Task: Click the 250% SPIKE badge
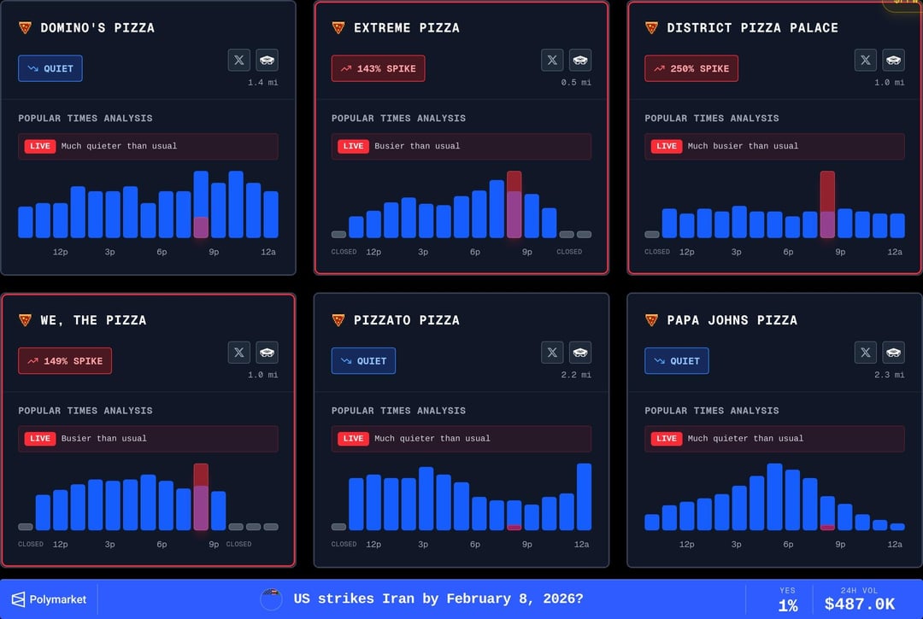coord(691,68)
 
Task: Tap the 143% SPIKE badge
coord(378,68)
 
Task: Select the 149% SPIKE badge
coord(65,361)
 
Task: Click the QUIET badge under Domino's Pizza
coord(50,68)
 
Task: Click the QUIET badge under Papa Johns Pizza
coord(676,361)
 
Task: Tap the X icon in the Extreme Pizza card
coord(552,60)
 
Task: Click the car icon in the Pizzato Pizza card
coord(580,352)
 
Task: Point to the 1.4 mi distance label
coord(262,83)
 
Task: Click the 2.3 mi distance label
coord(889,376)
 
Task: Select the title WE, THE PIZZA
coord(93,320)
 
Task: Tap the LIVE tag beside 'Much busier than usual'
coord(667,146)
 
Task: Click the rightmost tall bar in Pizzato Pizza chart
coord(585,496)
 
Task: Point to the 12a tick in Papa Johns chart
coord(895,545)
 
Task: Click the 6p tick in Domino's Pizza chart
coord(162,252)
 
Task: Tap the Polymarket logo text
coord(58,599)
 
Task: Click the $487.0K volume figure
coord(860,604)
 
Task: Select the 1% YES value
coord(787,605)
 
